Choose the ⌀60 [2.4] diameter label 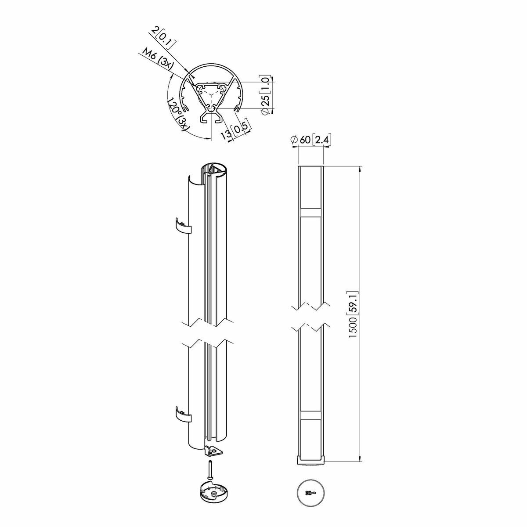[x=311, y=140]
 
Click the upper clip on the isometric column [x=183, y=226]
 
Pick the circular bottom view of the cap [x=310, y=493]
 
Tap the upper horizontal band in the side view [x=311, y=213]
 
